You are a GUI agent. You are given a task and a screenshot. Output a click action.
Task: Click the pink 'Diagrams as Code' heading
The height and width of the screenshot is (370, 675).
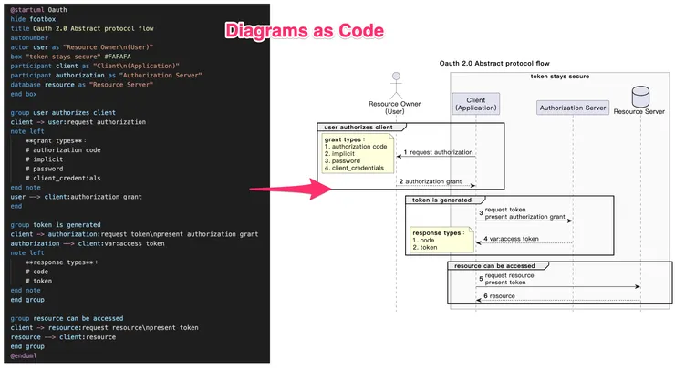pos(304,31)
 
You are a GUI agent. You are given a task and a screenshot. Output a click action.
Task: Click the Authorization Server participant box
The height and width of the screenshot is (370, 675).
pos(572,108)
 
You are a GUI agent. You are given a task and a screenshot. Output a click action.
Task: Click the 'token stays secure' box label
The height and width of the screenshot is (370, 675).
pos(559,76)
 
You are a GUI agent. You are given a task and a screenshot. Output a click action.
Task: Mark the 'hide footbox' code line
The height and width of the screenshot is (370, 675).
pos(35,18)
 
